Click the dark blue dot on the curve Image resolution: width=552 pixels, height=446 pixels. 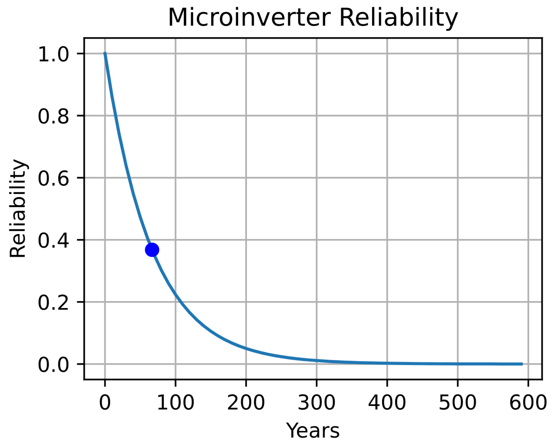[x=152, y=250]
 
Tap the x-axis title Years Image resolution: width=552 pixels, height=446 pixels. [x=313, y=431]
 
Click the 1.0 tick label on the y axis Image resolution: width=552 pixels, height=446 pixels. [x=53, y=54]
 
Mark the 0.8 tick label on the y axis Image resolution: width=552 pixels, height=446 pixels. [x=53, y=116]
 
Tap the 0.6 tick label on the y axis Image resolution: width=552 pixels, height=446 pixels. [x=53, y=178]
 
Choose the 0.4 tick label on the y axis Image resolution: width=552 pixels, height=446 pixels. [x=53, y=240]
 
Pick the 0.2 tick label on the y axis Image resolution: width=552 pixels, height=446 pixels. [x=53, y=303]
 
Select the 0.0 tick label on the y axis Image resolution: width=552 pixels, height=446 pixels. [x=53, y=365]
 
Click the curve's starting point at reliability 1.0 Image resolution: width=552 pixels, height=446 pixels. [x=105, y=53]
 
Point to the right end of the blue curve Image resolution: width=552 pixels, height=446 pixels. [x=522, y=364]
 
